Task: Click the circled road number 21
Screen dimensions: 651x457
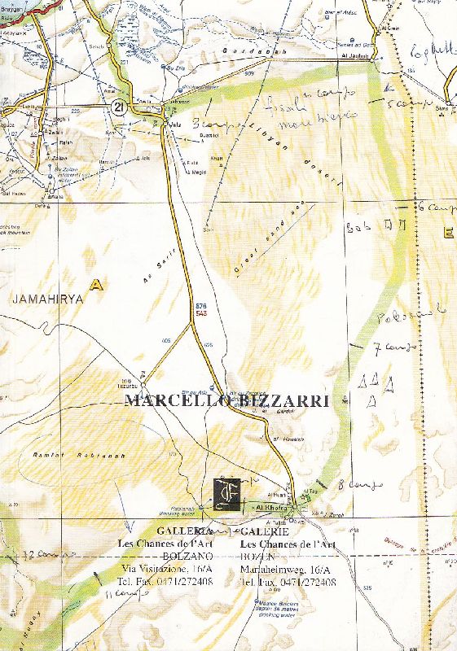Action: point(120,107)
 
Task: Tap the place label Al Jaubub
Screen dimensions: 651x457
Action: point(359,56)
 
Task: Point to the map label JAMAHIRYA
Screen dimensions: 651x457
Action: point(48,299)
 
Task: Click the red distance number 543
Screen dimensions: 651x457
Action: point(201,312)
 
